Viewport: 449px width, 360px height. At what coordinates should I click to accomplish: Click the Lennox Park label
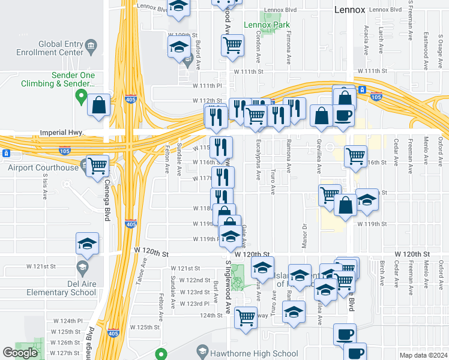(267, 25)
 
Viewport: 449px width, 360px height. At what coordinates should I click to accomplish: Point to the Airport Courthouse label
(43, 167)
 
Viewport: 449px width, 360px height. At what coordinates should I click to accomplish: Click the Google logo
(20, 353)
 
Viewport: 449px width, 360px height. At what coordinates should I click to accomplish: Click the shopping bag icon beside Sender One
(99, 106)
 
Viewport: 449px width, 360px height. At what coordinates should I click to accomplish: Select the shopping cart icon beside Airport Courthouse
(97, 165)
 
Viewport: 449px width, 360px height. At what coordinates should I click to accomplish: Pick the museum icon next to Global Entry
(91, 45)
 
